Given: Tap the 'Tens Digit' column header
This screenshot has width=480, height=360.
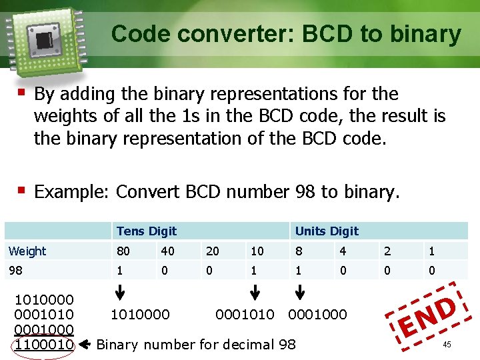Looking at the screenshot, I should click(146, 231).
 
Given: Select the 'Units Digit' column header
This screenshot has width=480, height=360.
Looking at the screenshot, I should click(327, 231).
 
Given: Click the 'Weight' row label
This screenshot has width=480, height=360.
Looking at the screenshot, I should click(27, 251).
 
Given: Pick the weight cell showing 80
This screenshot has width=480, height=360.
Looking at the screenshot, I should click(123, 251).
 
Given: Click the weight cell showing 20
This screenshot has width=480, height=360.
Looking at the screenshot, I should click(213, 251).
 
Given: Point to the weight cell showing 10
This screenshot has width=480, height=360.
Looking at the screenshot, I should click(256, 251).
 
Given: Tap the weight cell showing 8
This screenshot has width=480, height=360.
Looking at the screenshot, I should click(299, 251).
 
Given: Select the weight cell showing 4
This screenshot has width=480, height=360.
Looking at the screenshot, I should click(342, 251).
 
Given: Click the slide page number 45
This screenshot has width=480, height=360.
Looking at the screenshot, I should click(447, 345).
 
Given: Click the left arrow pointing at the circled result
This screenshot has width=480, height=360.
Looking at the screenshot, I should click(85, 345).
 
